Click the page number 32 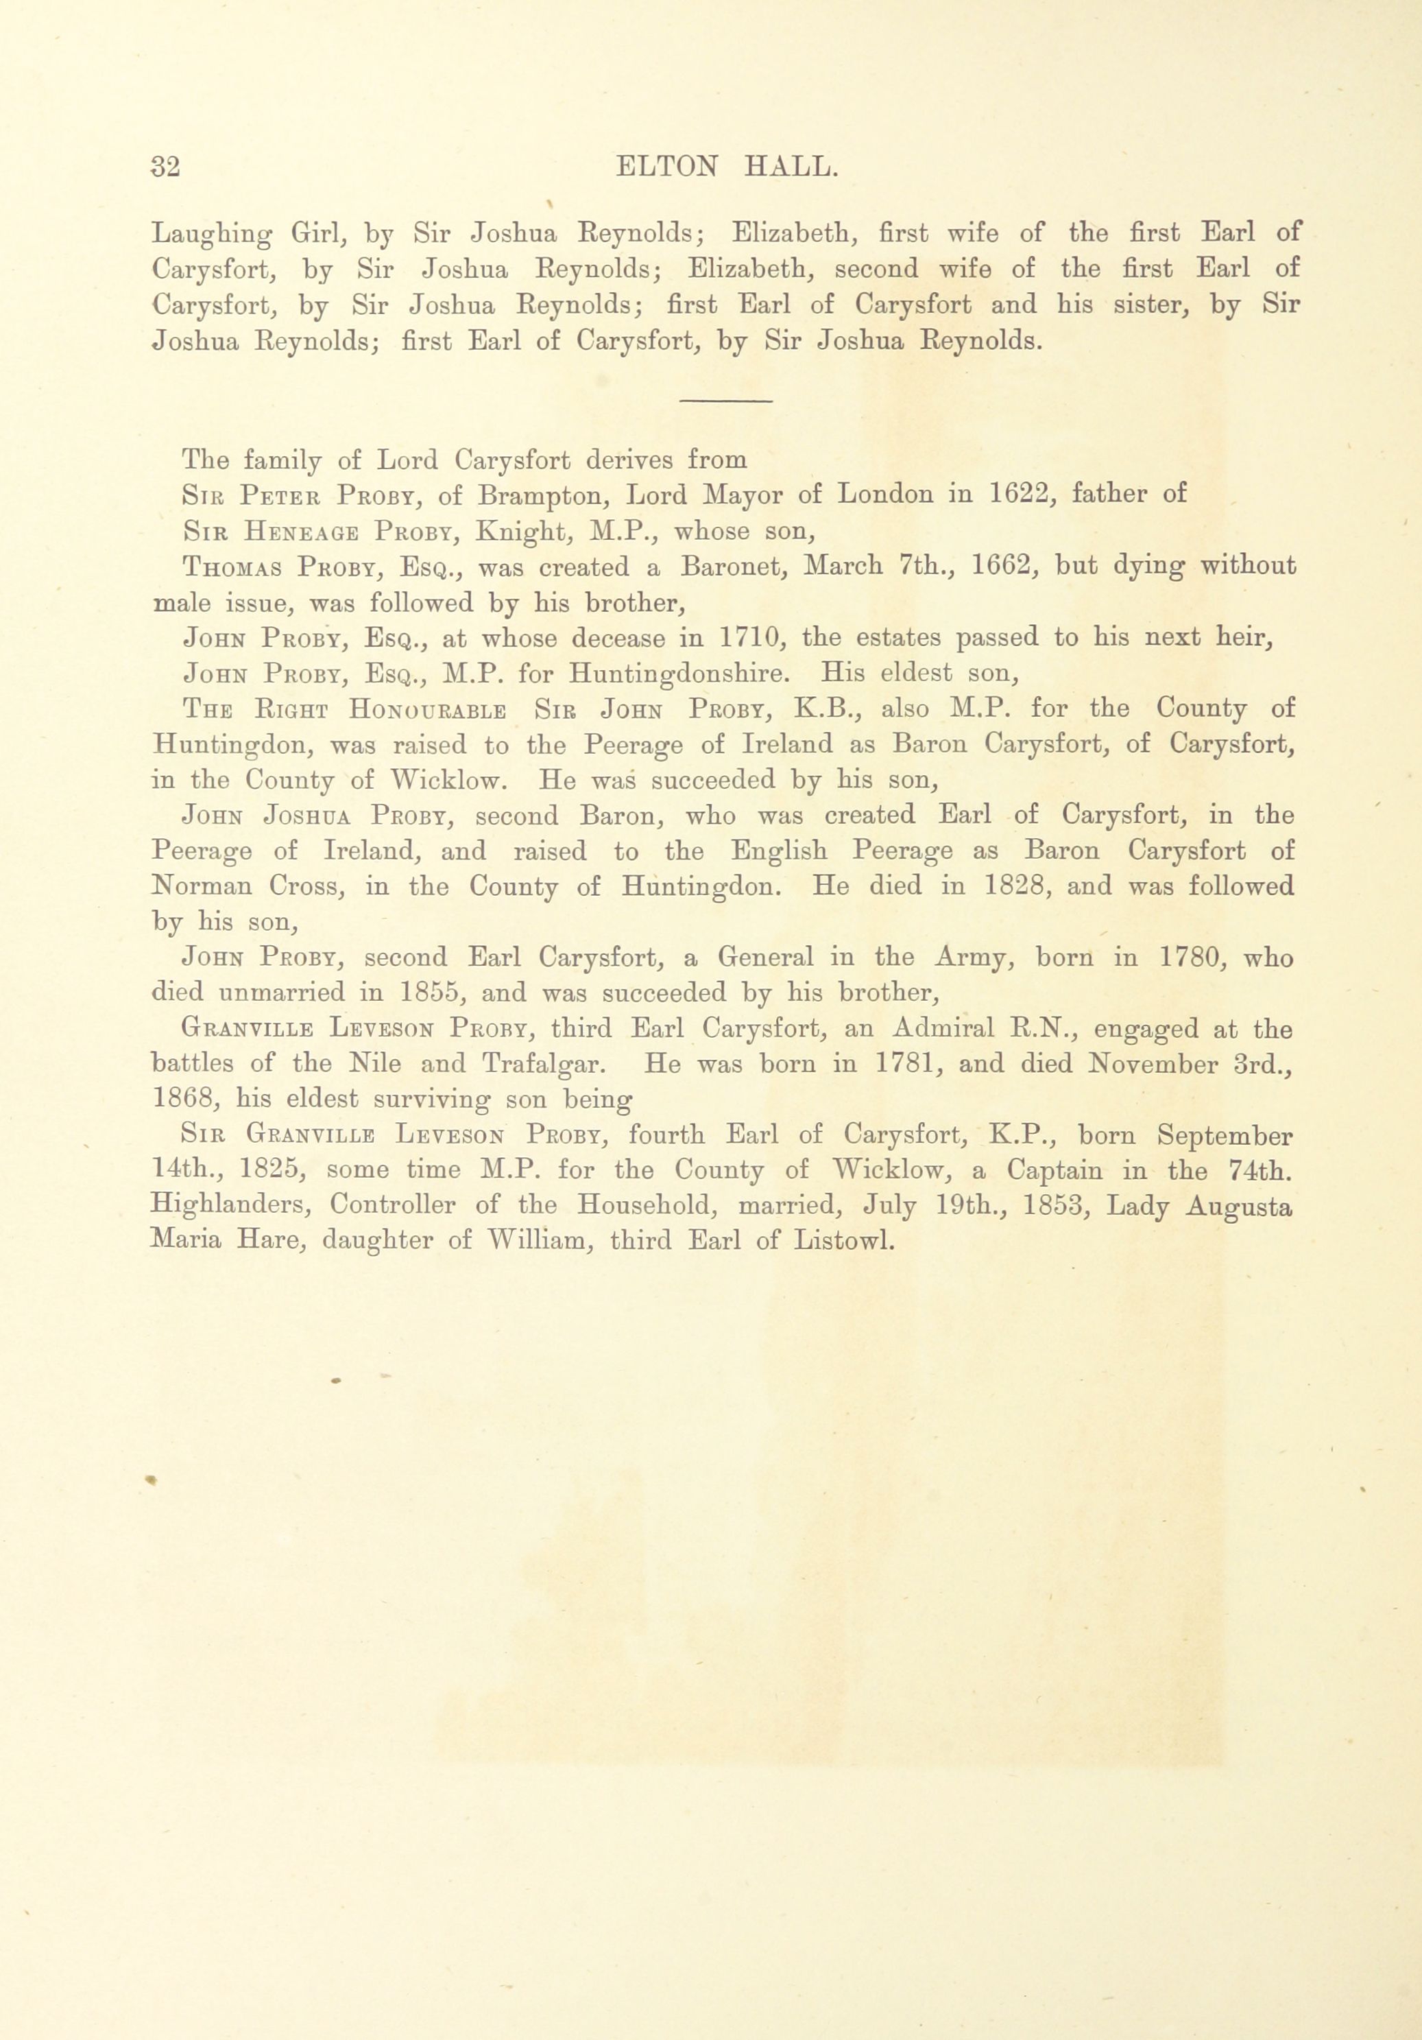pyautogui.click(x=166, y=167)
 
